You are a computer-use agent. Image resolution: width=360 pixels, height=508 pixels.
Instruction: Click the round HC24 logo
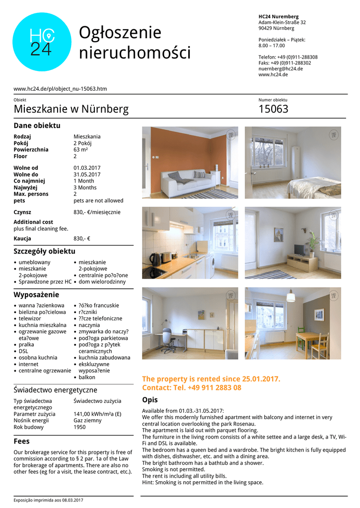pos(42,42)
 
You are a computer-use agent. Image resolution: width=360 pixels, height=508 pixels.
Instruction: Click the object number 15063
pos(273,109)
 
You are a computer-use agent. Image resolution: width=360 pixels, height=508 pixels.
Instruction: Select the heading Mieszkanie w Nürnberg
pos(71,109)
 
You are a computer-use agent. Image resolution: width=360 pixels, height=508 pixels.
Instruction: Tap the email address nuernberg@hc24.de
pos(281,68)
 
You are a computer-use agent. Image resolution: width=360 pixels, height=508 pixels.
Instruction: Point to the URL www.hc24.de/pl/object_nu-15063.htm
pos(60,89)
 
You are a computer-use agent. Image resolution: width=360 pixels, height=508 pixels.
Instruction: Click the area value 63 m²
pos(80,149)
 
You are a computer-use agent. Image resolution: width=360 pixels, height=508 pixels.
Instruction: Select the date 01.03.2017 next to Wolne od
pos(87,168)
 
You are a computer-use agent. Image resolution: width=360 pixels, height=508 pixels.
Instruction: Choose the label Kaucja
pos(23,239)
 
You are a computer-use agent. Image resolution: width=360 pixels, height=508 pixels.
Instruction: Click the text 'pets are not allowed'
pos(98,200)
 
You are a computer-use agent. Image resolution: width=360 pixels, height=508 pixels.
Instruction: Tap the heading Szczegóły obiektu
pos(44,251)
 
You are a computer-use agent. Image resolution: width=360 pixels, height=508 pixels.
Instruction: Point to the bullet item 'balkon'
pos(87,377)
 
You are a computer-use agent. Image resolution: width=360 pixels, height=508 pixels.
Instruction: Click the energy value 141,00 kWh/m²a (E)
pos(97,414)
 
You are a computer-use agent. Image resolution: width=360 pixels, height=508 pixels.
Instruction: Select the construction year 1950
pos(79,427)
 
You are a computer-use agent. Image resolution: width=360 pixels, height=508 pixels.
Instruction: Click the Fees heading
pos(21,441)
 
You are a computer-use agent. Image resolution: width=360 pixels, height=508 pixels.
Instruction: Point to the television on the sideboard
pos(300,250)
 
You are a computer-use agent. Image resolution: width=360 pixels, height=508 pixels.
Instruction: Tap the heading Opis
pos(150,400)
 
